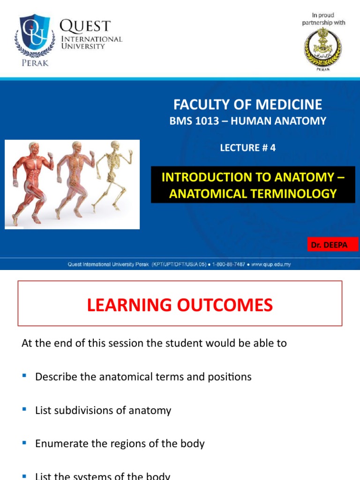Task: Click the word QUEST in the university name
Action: click(85, 26)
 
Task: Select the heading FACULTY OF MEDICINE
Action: click(247, 104)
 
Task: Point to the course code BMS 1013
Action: click(194, 121)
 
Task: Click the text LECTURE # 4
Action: click(247, 148)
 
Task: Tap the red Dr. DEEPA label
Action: click(333, 245)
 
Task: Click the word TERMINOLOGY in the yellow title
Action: click(292, 193)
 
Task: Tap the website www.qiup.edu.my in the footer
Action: click(271, 264)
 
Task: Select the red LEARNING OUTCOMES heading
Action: click(180, 305)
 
